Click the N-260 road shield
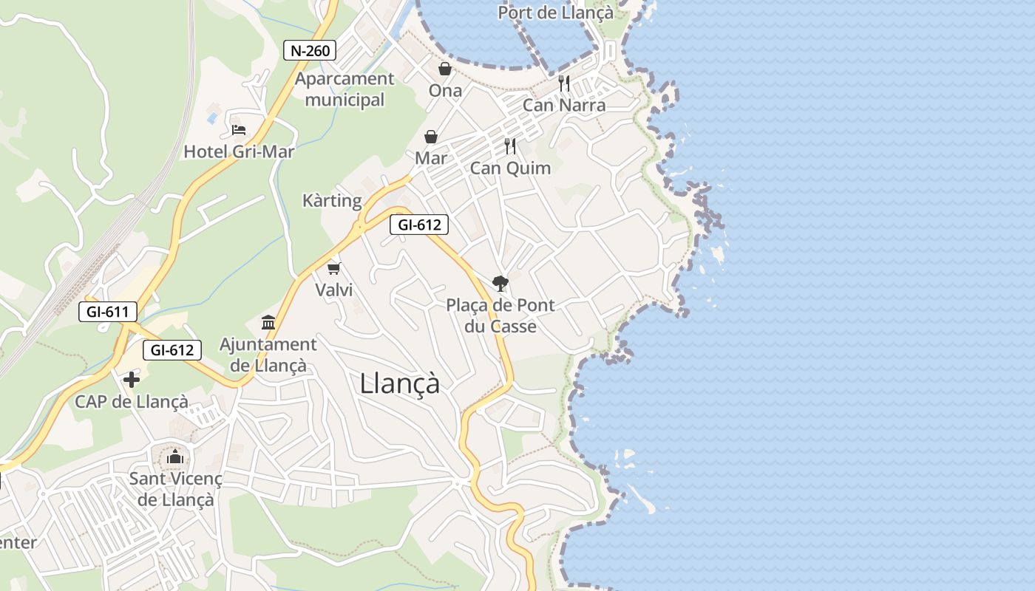(x=310, y=50)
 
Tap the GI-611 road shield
(x=107, y=312)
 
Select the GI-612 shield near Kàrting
(x=419, y=225)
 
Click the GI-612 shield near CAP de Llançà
(x=172, y=350)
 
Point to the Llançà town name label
(x=400, y=383)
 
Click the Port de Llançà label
(x=555, y=13)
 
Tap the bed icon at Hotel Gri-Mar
(x=238, y=130)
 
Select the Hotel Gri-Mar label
(x=239, y=152)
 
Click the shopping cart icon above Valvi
(x=334, y=268)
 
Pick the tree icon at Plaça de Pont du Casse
(x=500, y=283)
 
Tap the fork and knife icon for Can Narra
(x=564, y=83)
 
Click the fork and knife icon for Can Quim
(x=510, y=146)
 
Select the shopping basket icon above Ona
(x=445, y=69)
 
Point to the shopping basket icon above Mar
(x=431, y=137)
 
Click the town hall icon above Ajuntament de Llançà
(x=268, y=323)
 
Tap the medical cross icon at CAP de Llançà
(x=132, y=380)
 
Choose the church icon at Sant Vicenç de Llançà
(x=175, y=457)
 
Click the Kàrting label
(x=332, y=201)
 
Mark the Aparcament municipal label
(x=345, y=89)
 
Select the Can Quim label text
(x=510, y=168)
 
